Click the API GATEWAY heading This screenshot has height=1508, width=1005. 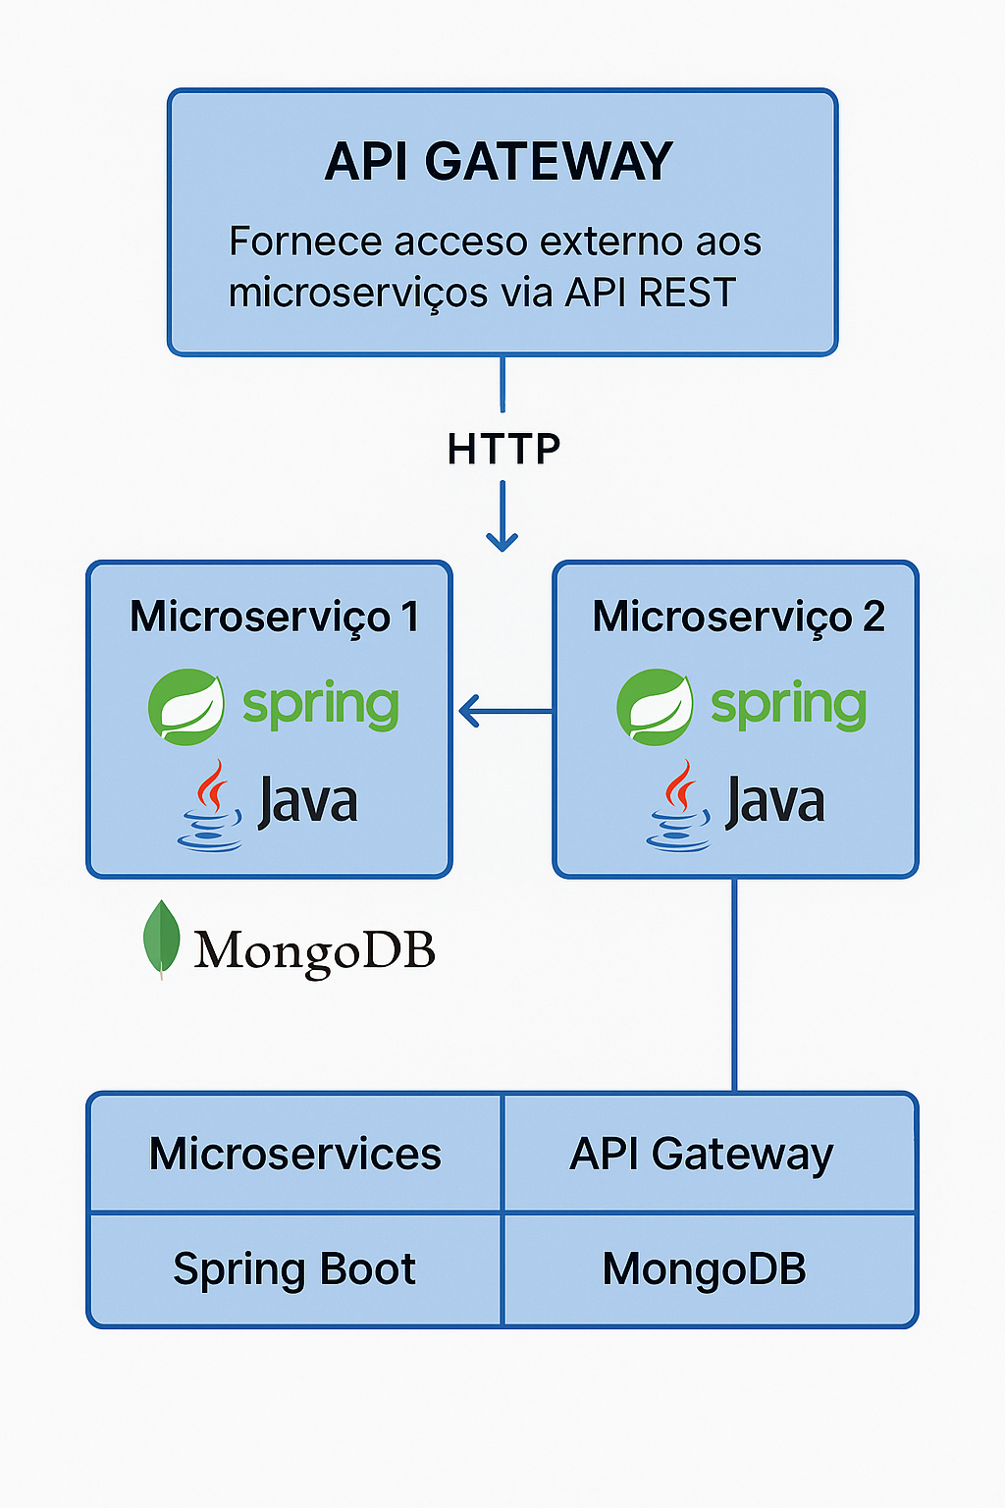[x=499, y=162]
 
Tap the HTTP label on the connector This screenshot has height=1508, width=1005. [x=503, y=450]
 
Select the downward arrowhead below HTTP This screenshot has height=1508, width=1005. [x=502, y=539]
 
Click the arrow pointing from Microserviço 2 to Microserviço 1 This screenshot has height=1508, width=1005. [x=502, y=711]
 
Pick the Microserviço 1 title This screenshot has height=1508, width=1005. [x=274, y=618]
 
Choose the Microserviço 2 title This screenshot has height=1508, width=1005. [x=738, y=618]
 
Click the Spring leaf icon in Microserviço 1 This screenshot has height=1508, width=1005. [x=185, y=707]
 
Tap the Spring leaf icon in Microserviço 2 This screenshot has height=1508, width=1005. [x=654, y=707]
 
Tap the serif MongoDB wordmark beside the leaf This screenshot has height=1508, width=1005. [x=314, y=950]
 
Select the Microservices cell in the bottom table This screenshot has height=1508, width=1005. [x=294, y=1154]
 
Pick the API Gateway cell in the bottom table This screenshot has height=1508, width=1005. [x=702, y=1154]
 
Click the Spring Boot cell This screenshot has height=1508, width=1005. [x=294, y=1269]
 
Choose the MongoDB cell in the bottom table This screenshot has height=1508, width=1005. [x=704, y=1269]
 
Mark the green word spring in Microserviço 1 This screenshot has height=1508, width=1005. [x=320, y=705]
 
